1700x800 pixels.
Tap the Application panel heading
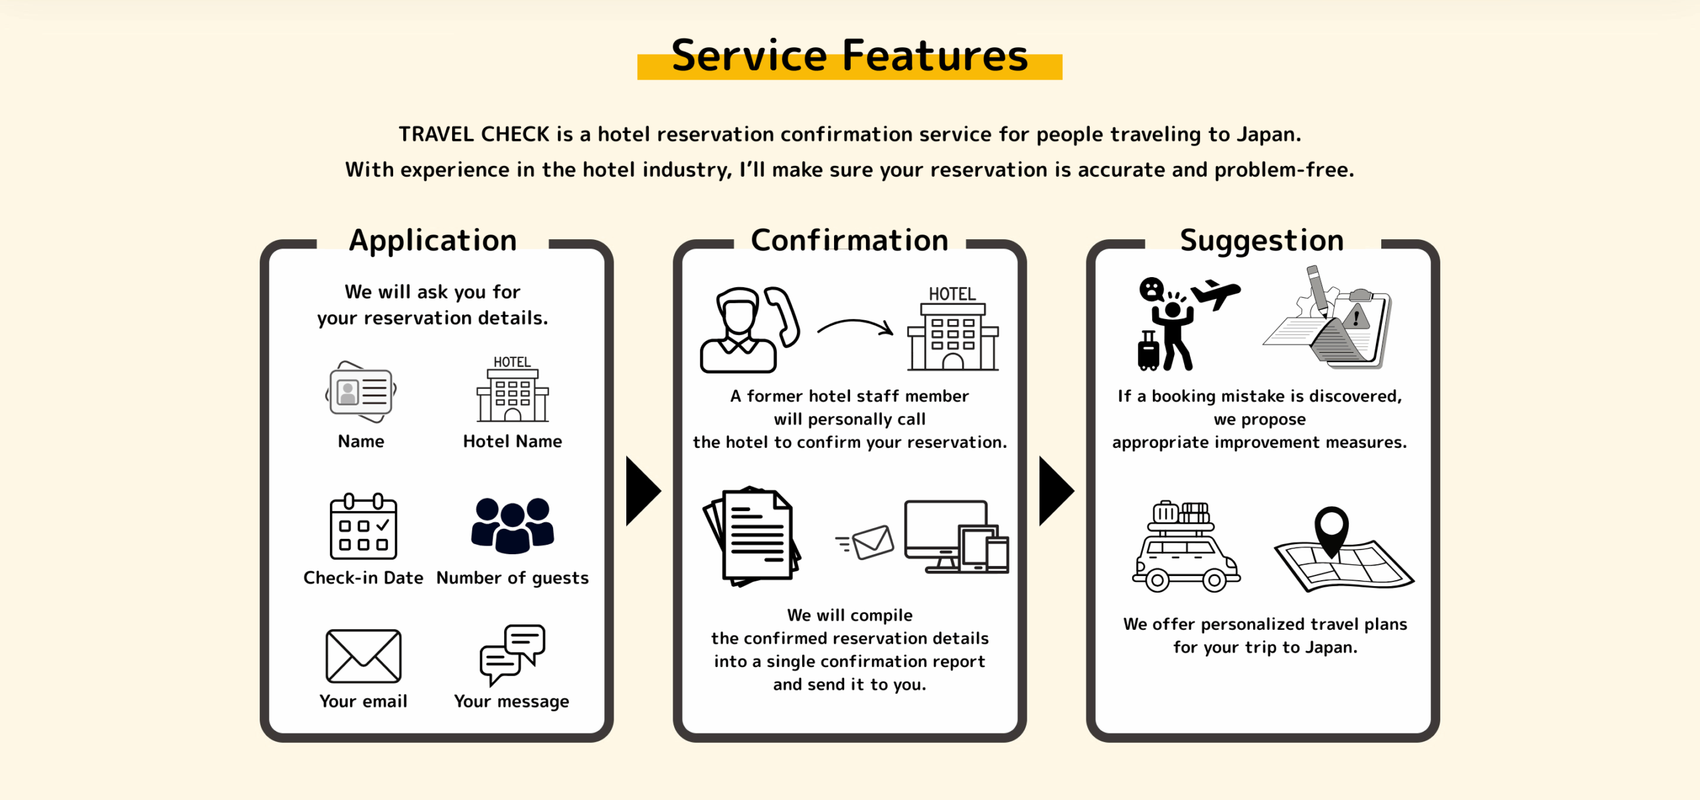(x=433, y=241)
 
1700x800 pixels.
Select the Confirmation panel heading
(x=849, y=240)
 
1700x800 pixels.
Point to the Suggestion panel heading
(x=1262, y=241)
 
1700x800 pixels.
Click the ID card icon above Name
(x=361, y=392)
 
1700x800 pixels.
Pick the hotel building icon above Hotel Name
(x=513, y=389)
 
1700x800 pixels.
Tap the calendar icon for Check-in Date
(x=363, y=526)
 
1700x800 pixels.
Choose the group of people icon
(x=513, y=526)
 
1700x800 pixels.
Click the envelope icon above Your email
(x=363, y=656)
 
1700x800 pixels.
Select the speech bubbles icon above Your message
(x=513, y=654)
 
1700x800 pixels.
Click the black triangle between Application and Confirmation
(x=642, y=491)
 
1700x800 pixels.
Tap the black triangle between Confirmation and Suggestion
(x=1055, y=491)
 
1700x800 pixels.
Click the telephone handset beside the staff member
(x=783, y=316)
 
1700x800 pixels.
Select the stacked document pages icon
(x=752, y=536)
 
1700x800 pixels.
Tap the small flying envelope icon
(x=865, y=542)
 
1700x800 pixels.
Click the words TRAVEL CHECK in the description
(x=474, y=134)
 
